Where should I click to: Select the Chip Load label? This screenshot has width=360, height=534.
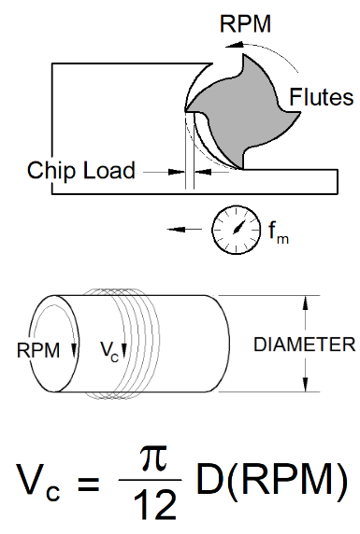(x=81, y=171)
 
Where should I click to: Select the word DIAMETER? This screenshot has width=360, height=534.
(x=304, y=344)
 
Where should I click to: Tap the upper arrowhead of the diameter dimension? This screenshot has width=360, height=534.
(x=304, y=302)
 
